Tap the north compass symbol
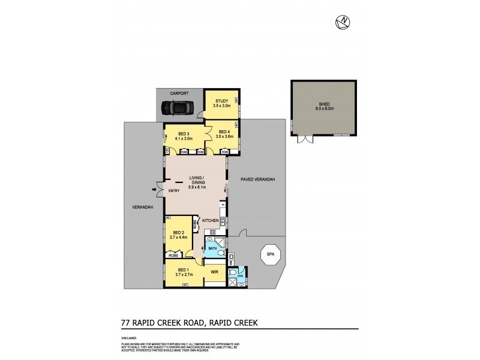point(343,22)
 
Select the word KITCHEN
point(211,221)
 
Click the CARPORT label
point(179,94)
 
